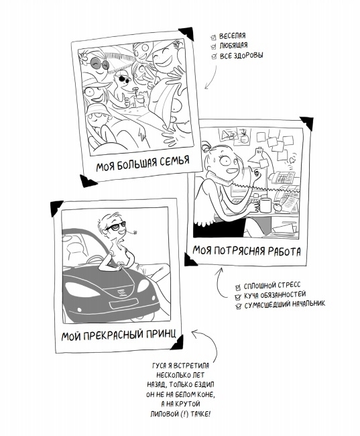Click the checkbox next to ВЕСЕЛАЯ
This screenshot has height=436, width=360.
tap(213, 38)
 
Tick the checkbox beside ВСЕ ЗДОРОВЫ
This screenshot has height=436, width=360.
tap(214, 56)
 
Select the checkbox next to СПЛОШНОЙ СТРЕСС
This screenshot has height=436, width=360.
tap(238, 287)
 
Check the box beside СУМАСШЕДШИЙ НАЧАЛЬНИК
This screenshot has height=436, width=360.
tap(238, 307)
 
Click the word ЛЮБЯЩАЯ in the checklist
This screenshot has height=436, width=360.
tap(233, 46)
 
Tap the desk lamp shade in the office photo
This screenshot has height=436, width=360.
tap(257, 156)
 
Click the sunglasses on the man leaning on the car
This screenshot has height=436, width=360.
tap(116, 227)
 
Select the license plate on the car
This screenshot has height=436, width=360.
tap(124, 303)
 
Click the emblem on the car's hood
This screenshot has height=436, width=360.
tap(121, 292)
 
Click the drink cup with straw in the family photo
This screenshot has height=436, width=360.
tap(139, 99)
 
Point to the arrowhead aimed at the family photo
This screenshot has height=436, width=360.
tap(206, 87)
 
